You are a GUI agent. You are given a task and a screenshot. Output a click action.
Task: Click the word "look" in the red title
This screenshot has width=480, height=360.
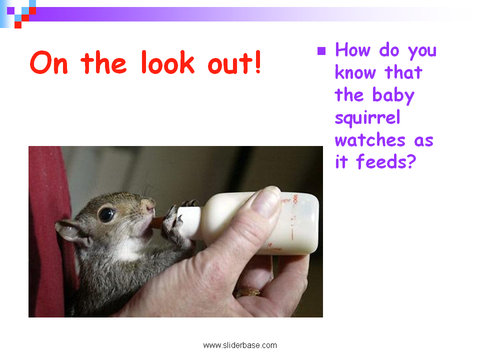(168, 62)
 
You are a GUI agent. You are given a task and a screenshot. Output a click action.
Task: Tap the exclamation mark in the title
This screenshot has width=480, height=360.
(258, 62)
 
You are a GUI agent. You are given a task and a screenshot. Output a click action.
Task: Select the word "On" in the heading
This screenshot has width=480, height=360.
(48, 63)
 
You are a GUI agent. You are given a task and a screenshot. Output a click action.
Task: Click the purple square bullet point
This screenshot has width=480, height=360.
(321, 51)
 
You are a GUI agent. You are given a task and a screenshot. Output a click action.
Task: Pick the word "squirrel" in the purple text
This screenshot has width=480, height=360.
(367, 118)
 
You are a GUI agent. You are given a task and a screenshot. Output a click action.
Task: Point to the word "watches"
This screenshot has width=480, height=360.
(370, 140)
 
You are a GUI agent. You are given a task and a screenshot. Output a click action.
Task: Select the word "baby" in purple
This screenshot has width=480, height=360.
(393, 95)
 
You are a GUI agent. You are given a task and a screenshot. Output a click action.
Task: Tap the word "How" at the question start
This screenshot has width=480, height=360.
(352, 49)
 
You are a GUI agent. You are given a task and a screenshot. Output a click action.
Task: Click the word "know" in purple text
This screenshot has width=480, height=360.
(355, 72)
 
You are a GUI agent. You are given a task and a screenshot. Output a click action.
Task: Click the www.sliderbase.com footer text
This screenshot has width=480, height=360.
(240, 345)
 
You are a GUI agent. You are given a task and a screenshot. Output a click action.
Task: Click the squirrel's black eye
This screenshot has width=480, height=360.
(106, 214)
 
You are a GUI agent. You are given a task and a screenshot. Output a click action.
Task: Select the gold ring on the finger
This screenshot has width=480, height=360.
(247, 292)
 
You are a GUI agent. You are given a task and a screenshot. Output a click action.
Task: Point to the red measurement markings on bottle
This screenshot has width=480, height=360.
(294, 218)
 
